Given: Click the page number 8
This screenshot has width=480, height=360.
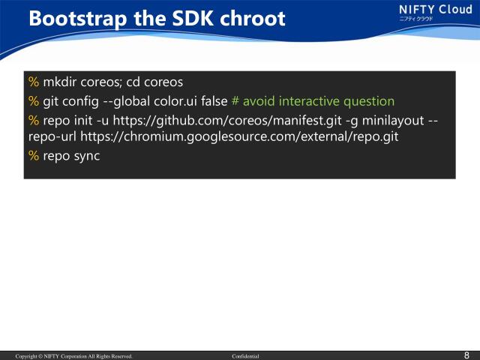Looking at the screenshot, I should tap(467, 355).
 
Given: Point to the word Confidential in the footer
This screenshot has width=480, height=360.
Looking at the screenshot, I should tap(245, 356).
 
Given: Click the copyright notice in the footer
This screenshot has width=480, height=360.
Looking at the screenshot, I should tap(74, 356).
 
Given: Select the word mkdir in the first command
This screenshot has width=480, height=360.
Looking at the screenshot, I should tap(59, 81).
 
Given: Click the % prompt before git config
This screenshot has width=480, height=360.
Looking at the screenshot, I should tap(33, 100).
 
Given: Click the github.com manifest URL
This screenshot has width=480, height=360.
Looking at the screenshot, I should tap(225, 119).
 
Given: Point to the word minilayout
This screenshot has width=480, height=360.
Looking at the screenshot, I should tap(385, 119).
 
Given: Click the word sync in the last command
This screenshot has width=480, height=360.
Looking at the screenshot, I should tap(85, 156).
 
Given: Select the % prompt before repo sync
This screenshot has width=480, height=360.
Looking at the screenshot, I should tap(33, 156).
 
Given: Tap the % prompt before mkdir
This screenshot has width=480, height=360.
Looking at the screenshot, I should tap(33, 81).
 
